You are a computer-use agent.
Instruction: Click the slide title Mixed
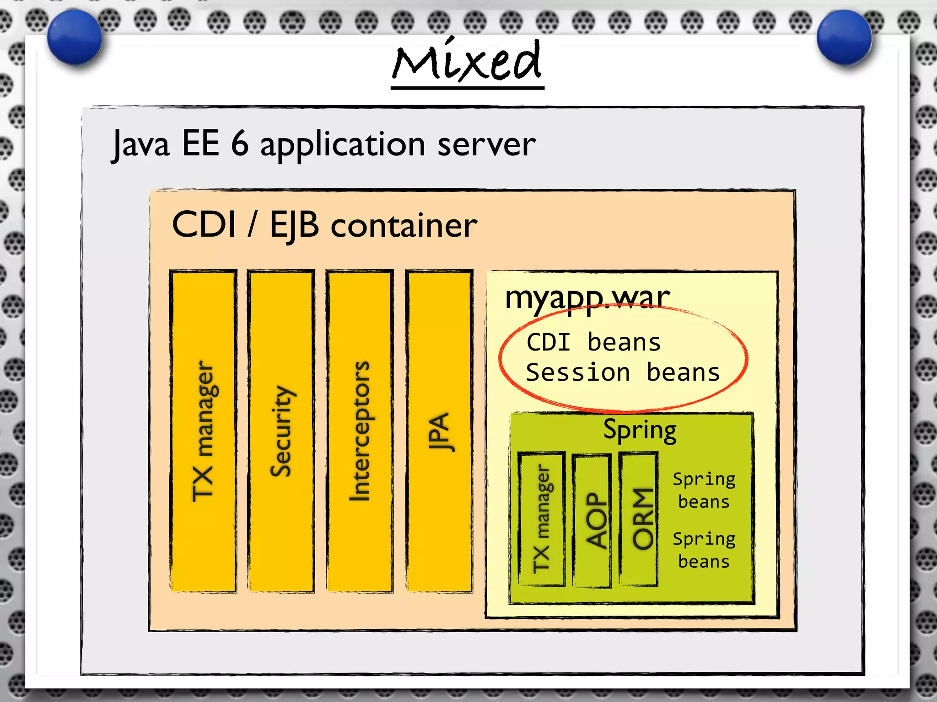[x=467, y=62]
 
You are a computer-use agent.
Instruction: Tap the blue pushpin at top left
[x=75, y=37]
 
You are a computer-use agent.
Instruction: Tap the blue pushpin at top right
[x=844, y=37]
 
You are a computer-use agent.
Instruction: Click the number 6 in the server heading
[x=240, y=144]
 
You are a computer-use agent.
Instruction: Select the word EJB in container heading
[x=294, y=225]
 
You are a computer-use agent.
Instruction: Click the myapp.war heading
[x=587, y=298]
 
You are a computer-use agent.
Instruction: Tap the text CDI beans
[x=593, y=343]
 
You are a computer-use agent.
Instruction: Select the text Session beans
[x=623, y=372]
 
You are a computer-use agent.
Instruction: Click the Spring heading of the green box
[x=640, y=430]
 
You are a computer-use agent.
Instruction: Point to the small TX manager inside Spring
[x=542, y=519]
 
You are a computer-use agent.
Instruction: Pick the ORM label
[x=642, y=518]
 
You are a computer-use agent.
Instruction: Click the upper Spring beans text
[x=704, y=490]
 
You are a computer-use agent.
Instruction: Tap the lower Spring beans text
[x=704, y=550]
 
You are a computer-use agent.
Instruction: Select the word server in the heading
[x=486, y=144]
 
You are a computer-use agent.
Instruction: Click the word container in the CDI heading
[x=404, y=226]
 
